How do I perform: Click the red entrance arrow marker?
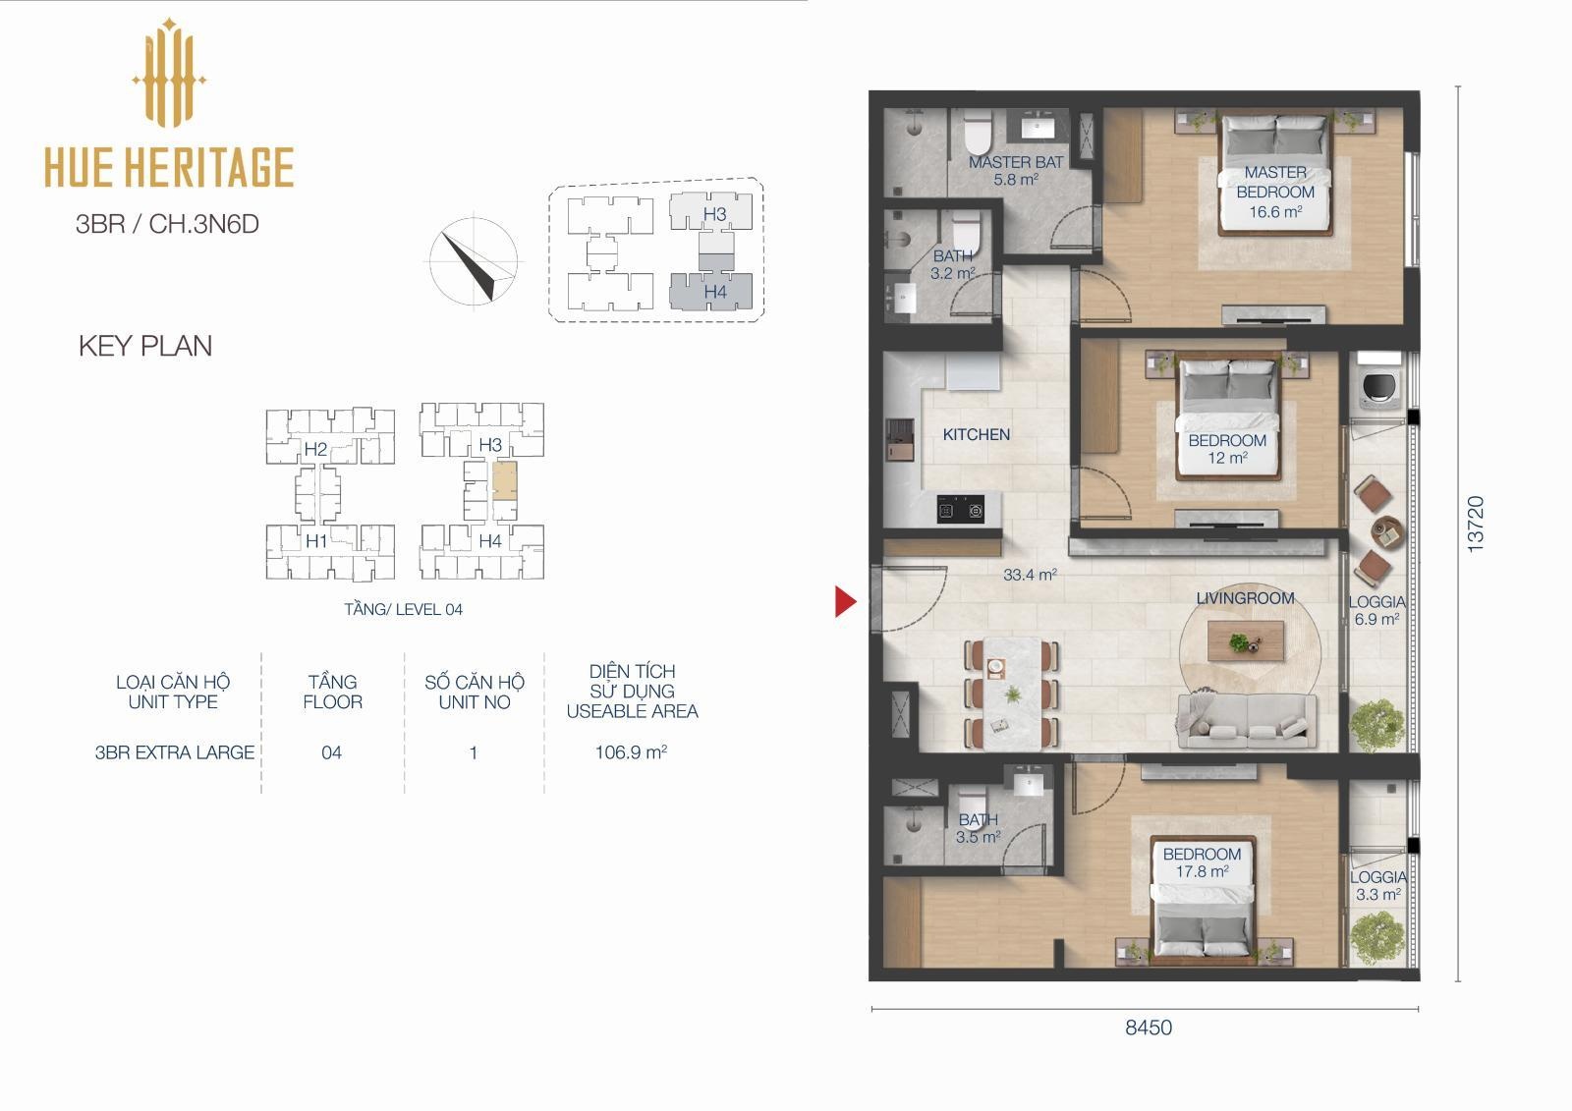845,601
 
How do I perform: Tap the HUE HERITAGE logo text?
169,167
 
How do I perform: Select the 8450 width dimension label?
1149,1028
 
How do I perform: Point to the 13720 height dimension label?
1476,524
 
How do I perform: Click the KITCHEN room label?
977,434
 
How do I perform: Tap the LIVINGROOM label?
1245,598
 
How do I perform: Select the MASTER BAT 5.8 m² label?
1016,171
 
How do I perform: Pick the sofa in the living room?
1247,721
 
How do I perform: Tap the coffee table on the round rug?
1246,640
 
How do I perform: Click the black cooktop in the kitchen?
960,510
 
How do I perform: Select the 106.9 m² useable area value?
631,752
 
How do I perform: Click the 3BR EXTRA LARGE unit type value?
175,752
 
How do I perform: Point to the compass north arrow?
469,265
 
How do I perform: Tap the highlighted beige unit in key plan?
505,480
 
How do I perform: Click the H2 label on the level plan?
315,449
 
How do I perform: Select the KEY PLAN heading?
145,346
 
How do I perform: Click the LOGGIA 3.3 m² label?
1378,886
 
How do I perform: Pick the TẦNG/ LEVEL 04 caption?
404,609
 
